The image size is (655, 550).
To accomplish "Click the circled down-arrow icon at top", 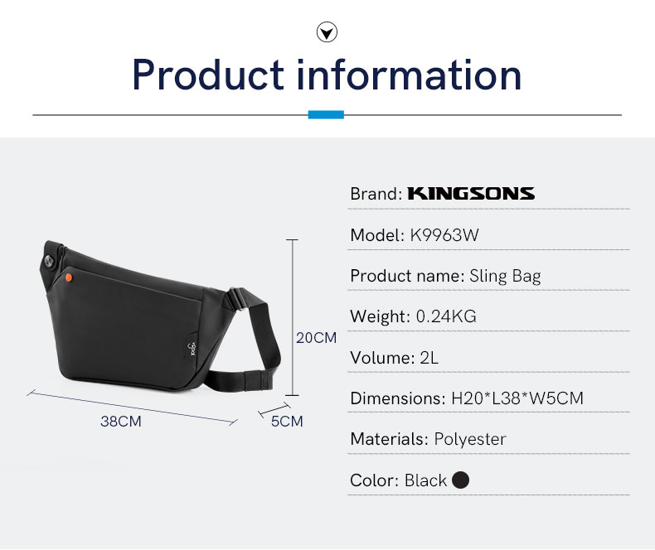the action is [327, 32].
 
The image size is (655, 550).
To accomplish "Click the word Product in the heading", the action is [208, 75].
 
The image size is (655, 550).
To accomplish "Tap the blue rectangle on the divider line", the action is [326, 114].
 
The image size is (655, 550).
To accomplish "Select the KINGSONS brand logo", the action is [471, 194].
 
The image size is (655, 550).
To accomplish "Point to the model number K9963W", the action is [444, 235].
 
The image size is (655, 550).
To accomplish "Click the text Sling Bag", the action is [505, 277].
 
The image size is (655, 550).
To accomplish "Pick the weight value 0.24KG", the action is [446, 316].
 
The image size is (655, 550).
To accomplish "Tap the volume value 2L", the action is [429, 358].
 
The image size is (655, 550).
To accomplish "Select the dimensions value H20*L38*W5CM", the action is [517, 398].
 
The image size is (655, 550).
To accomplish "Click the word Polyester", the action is [470, 439].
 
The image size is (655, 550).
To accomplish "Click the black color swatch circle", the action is [460, 480].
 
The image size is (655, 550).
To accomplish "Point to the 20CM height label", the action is [316, 338].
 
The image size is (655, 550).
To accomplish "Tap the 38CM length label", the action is [121, 421].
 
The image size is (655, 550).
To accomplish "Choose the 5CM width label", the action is [287, 421].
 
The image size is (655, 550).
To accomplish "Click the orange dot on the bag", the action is [69, 277].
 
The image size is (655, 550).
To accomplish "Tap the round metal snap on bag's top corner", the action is [50, 262].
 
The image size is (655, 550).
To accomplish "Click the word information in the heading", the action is [409, 75].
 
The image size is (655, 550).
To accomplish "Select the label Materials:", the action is [390, 439].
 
